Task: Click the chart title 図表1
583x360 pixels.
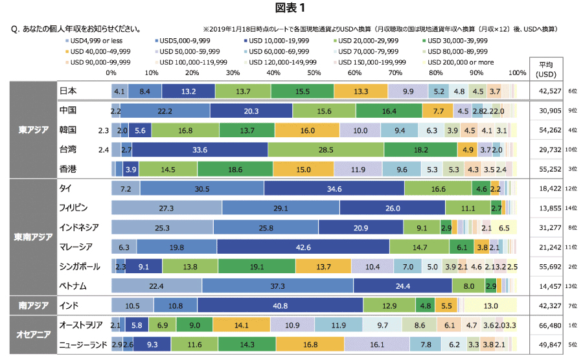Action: [x=291, y=8]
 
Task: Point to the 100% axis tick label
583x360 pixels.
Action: [x=518, y=73]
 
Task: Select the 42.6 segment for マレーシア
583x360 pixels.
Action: [x=303, y=247]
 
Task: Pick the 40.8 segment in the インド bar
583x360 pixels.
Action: [x=280, y=304]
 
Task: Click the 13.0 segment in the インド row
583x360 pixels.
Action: [x=490, y=304]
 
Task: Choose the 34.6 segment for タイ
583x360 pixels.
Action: [x=334, y=189]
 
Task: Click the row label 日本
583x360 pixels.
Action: [x=68, y=91]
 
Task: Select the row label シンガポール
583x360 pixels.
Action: [x=80, y=266]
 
